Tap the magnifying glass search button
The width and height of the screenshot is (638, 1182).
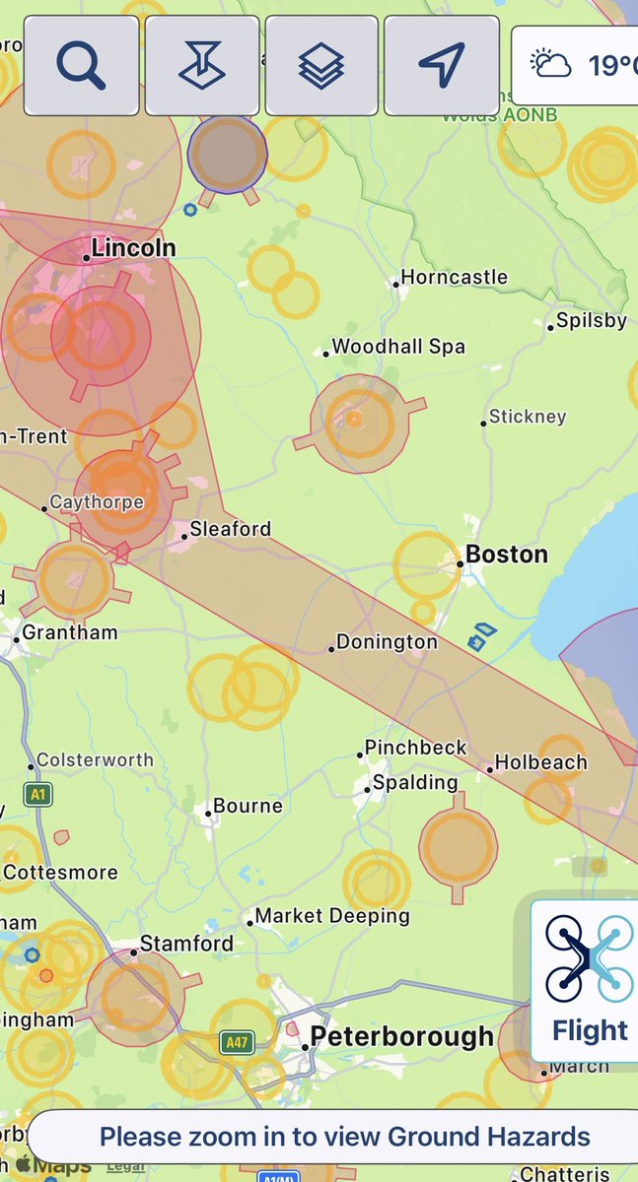[81, 65]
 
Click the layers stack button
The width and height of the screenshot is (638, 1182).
[321, 65]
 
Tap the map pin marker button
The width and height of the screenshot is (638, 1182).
[201, 65]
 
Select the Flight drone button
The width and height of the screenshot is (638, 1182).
[589, 979]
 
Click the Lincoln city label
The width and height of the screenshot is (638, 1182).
[133, 248]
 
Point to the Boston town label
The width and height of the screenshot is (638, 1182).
[506, 555]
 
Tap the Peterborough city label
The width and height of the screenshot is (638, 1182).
[401, 1036]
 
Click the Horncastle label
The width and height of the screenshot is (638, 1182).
[455, 278]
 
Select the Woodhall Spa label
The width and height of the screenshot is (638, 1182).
[398, 347]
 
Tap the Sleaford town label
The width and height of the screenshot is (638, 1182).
[230, 529]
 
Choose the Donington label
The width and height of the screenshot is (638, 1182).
[387, 642]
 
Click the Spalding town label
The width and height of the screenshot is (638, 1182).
[415, 783]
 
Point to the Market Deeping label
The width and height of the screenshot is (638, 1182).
[332, 916]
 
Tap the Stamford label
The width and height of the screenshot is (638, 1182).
[186, 944]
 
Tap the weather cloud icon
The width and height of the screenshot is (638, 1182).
[551, 65]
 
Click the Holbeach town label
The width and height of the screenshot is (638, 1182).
[540, 762]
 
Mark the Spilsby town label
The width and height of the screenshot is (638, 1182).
[591, 321]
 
